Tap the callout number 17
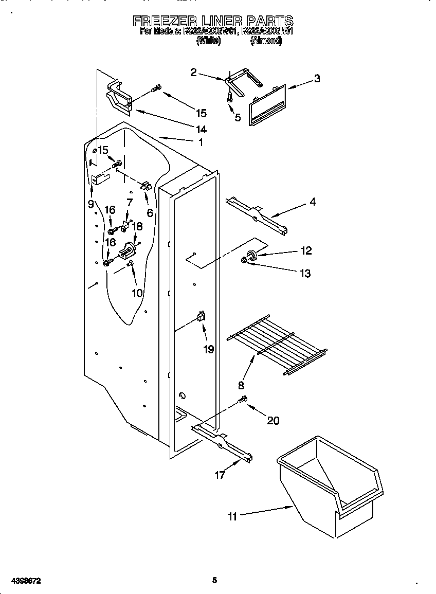pyautogui.click(x=220, y=475)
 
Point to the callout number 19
pyautogui.click(x=208, y=349)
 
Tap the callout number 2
pyautogui.click(x=193, y=73)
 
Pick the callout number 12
pyautogui.click(x=306, y=251)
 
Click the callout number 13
pyautogui.click(x=305, y=274)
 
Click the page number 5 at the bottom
pyautogui.click(x=215, y=580)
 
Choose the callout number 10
pyautogui.click(x=137, y=293)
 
